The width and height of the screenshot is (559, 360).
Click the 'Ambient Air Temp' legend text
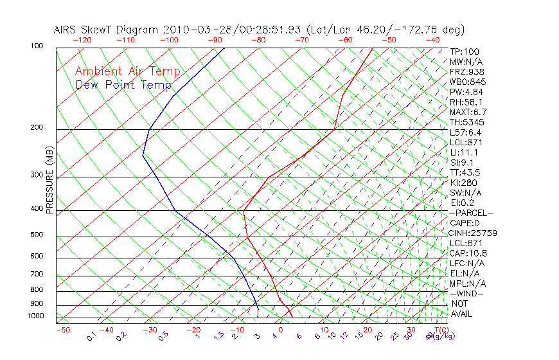tap(127, 71)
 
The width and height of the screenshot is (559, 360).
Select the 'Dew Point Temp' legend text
tap(123, 85)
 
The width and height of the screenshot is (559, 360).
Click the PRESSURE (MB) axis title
tap(49, 180)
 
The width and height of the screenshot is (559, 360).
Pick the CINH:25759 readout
tap(474, 233)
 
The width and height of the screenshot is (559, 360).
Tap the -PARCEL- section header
tap(472, 213)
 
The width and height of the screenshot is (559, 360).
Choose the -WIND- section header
tap(467, 293)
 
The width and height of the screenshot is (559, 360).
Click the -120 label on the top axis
tap(82, 39)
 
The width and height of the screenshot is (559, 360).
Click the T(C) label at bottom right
tap(440, 330)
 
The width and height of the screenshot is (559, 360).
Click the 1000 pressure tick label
tap(36, 316)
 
